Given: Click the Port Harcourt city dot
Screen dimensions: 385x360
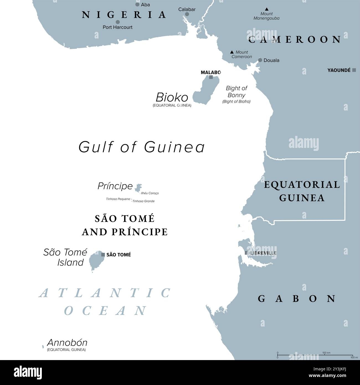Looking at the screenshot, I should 118,22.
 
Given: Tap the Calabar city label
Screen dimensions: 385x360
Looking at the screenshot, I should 187,9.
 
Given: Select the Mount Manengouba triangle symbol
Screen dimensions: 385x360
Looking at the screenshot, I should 266,9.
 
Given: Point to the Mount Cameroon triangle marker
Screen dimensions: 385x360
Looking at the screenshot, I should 232,52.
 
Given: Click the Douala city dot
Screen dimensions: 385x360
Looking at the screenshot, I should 260,60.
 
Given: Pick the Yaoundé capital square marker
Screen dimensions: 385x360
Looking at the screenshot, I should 354,70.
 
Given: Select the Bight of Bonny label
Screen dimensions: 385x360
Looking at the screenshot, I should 236,92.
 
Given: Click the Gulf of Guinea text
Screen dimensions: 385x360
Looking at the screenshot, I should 142,147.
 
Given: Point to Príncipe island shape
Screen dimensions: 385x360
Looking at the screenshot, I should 138,188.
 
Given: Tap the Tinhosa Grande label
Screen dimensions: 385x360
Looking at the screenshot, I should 143,201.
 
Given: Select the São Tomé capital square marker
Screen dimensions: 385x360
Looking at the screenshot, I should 103,255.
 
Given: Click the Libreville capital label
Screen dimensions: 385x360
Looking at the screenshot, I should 263,253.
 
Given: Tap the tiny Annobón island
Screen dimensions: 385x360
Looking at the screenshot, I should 43,346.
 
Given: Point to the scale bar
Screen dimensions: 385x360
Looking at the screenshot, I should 315,355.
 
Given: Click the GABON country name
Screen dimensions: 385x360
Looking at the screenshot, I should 297,299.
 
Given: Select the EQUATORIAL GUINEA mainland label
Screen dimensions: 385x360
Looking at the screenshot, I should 302,191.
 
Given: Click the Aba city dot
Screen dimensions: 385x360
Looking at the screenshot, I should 137,4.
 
